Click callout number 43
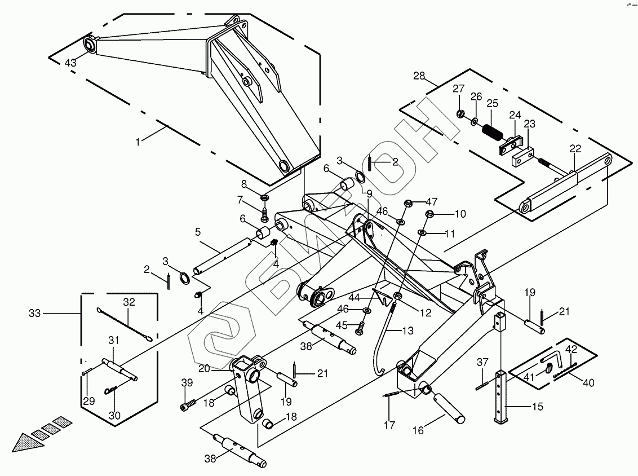[70, 63]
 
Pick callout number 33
[35, 312]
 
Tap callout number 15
[538, 407]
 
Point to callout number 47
[431, 201]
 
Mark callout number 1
[138, 142]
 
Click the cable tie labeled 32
[124, 324]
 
